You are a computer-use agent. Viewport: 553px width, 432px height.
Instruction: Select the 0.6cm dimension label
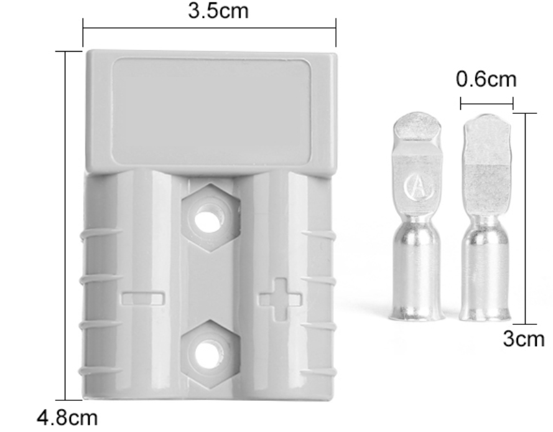coord(486,79)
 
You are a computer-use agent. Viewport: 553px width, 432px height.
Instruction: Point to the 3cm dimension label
coord(523,340)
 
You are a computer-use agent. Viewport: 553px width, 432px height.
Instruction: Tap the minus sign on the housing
coord(144,299)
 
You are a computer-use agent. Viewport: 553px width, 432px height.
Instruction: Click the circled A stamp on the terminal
coord(417,187)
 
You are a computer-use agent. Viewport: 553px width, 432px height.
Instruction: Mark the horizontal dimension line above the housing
coord(209,28)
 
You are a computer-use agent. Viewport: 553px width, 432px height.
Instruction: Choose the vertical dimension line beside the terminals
coord(526,218)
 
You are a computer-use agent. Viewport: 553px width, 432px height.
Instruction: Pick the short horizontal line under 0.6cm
coord(486,103)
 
